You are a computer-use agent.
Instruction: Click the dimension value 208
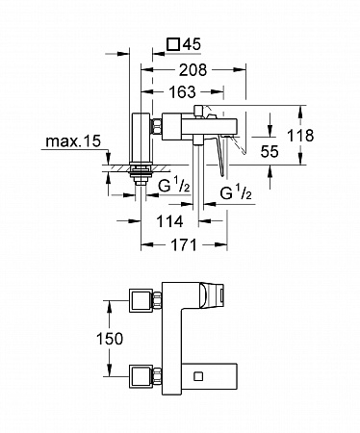[193, 70]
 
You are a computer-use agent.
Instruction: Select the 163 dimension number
[182, 92]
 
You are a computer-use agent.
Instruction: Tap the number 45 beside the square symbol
[192, 44]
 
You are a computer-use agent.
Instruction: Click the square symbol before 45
[173, 44]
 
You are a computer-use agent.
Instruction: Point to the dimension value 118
[300, 136]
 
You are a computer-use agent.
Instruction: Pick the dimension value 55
[270, 151]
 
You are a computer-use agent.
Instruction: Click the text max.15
[73, 141]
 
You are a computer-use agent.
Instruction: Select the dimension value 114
[169, 221]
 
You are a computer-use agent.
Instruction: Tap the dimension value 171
[184, 245]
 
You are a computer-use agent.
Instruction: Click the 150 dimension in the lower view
[110, 339]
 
